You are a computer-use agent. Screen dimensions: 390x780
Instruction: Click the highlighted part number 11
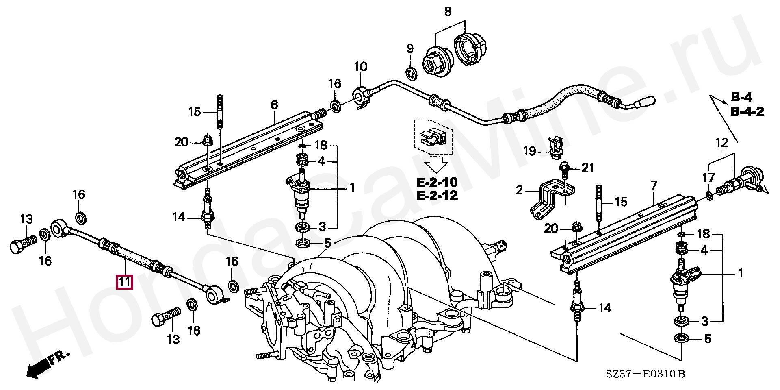click(x=124, y=282)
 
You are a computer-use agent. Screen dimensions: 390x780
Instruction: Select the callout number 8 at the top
click(x=448, y=12)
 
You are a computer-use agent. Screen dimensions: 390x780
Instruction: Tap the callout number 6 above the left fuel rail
click(x=275, y=105)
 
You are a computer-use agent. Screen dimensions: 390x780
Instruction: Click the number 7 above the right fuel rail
click(x=654, y=186)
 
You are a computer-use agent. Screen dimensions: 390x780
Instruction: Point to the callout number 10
click(x=360, y=67)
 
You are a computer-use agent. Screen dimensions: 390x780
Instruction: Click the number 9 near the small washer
click(x=410, y=49)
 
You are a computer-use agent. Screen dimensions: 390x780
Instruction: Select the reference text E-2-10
click(x=437, y=182)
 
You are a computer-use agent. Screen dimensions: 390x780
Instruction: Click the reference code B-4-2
click(x=747, y=111)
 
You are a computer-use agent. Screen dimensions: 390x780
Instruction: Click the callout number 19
click(x=530, y=152)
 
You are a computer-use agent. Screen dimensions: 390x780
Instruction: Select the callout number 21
click(x=588, y=168)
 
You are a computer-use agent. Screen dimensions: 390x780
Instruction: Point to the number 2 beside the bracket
click(x=519, y=190)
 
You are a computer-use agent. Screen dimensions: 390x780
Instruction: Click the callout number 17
click(x=708, y=177)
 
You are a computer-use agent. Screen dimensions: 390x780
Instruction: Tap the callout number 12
click(x=721, y=143)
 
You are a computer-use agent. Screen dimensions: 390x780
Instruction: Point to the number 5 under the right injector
click(x=708, y=338)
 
